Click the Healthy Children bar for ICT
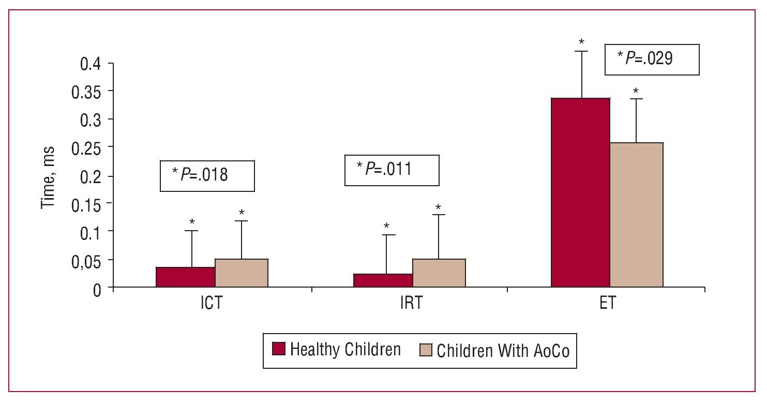point(185,277)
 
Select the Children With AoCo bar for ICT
point(242,273)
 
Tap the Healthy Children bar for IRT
point(383,280)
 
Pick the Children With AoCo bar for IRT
point(439,273)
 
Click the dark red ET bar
point(580,192)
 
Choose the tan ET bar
point(637,215)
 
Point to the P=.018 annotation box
point(207,176)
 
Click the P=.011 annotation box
point(392,170)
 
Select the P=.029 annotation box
point(652,59)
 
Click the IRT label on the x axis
point(410,303)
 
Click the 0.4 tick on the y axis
point(92,64)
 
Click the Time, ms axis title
point(48,177)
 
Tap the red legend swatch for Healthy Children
point(279,350)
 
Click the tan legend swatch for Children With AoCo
point(425,350)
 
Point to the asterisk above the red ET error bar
point(581,42)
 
